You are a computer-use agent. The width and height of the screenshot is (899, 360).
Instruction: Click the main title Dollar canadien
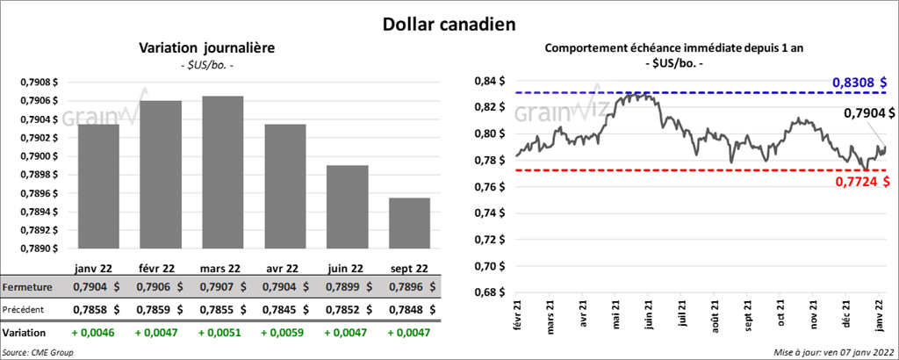coord(449,23)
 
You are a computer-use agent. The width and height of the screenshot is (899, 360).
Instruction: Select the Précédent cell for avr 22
coord(285,309)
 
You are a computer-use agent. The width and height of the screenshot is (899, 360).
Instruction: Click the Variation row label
coord(25,334)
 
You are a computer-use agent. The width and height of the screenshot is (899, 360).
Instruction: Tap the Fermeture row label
coord(27,287)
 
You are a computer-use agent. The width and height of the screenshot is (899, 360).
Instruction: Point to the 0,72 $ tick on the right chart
coord(488,240)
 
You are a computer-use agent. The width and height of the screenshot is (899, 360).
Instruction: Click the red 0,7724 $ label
coord(861,181)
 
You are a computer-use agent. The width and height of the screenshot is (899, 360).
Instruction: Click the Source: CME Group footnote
coord(38,352)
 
